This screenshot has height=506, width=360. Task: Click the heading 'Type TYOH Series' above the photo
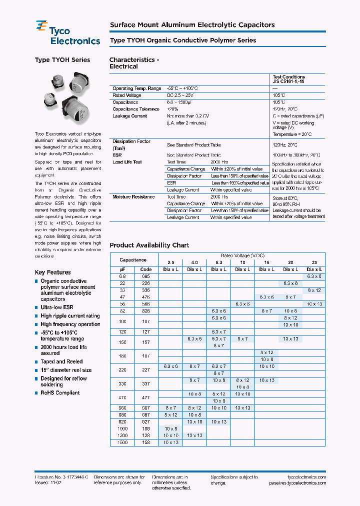[x=62, y=60]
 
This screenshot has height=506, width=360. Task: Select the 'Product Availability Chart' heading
[x=149, y=245]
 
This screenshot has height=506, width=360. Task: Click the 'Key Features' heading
[x=52, y=272]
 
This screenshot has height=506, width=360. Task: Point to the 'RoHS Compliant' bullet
[x=60, y=393]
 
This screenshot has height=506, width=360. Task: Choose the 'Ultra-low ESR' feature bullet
[x=56, y=307]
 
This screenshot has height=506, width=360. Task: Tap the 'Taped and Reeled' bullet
[x=61, y=361]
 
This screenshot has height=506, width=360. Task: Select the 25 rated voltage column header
[x=314, y=262]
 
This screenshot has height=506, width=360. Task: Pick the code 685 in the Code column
[x=146, y=276]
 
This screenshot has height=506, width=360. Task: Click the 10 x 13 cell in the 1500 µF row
[x=170, y=442]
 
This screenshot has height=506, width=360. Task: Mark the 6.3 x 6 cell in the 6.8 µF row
[x=314, y=276]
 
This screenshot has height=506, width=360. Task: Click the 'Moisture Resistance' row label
[x=133, y=197]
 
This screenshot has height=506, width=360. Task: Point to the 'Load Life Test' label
[x=127, y=162]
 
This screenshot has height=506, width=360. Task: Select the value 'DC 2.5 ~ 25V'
[x=183, y=95]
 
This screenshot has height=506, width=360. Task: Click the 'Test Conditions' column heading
[x=288, y=77]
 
